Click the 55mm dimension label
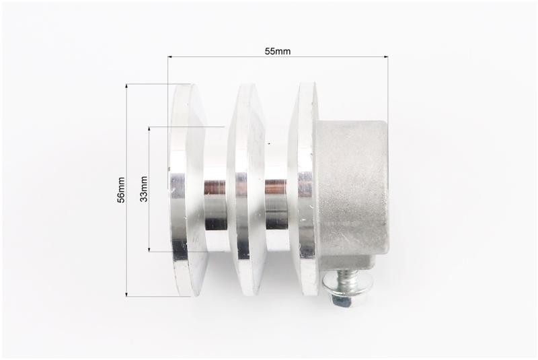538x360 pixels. [x=278, y=51]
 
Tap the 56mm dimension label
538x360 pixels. [x=121, y=190]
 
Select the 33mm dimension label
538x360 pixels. [x=144, y=189]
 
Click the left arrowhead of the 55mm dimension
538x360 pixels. [x=170, y=57]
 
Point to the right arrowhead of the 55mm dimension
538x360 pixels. [x=386, y=57]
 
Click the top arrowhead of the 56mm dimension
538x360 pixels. [x=126, y=87]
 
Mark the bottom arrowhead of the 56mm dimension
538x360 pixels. [x=126, y=294]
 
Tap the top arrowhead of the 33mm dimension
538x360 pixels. [x=149, y=129]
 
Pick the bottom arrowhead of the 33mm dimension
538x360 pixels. [x=149, y=249]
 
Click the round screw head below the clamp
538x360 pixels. [x=339, y=291]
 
